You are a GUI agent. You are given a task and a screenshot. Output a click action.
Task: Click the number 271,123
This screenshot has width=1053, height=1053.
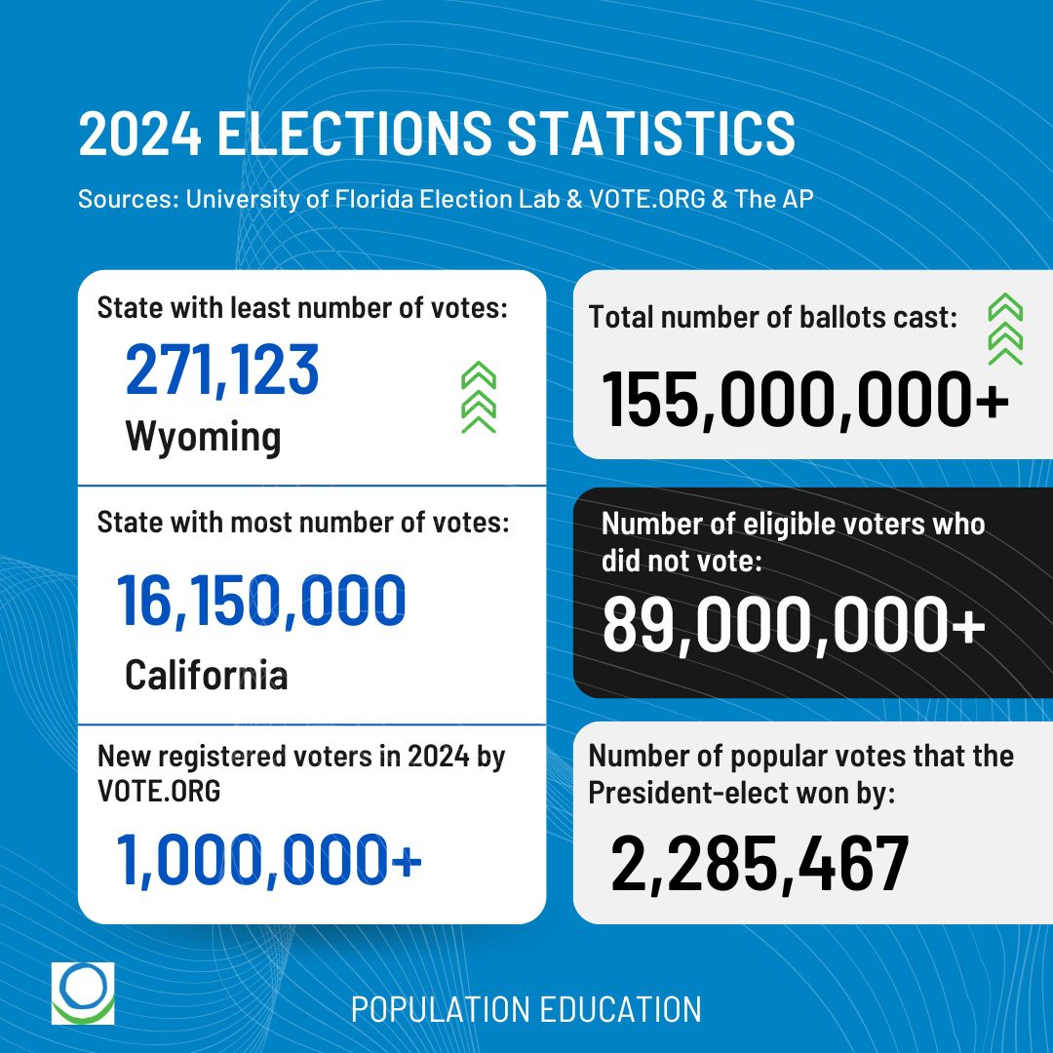pyautogui.click(x=222, y=370)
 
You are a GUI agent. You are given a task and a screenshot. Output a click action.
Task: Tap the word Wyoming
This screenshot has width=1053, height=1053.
pyautogui.click(x=203, y=436)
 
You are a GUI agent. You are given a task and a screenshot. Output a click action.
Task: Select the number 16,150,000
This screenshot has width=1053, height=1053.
pyautogui.click(x=261, y=602)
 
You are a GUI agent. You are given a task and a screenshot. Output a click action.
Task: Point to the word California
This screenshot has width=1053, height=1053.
pyautogui.click(x=207, y=674)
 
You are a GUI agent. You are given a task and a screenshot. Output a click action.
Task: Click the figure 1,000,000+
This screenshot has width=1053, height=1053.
pyautogui.click(x=269, y=861)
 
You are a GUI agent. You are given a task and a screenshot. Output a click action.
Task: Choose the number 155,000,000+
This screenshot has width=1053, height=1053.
pyautogui.click(x=805, y=399)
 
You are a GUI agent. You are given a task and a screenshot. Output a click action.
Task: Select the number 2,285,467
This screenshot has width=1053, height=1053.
pyautogui.click(x=760, y=865)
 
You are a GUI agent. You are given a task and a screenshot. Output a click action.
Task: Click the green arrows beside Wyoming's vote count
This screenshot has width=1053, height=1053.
pyautogui.click(x=479, y=397)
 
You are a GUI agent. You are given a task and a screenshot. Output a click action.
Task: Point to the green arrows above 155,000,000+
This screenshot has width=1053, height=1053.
pyautogui.click(x=1004, y=331)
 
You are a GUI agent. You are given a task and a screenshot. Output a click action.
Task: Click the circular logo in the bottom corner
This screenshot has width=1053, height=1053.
pyautogui.click(x=83, y=994)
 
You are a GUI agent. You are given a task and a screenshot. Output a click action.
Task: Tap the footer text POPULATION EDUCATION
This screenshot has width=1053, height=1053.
pyautogui.click(x=526, y=1010)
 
